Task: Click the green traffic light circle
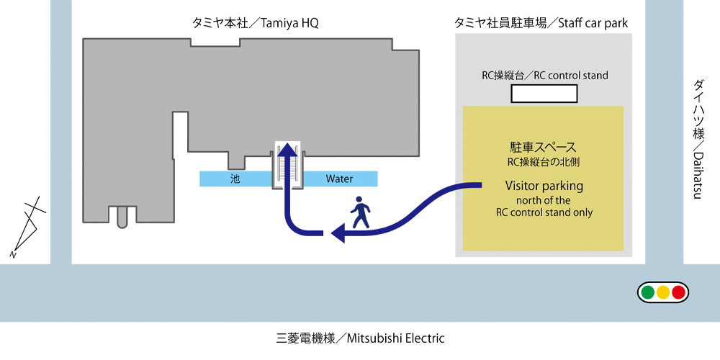(x=648, y=292)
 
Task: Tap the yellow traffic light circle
(x=663, y=292)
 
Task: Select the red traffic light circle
(x=678, y=292)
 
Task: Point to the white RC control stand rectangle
(x=544, y=94)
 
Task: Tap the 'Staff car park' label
(x=541, y=23)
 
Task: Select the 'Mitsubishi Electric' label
(x=360, y=338)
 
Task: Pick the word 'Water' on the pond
(x=339, y=179)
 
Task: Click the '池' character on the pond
(x=235, y=179)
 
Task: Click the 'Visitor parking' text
(x=544, y=186)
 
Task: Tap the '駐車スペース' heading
(x=544, y=148)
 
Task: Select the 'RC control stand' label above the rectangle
(x=544, y=75)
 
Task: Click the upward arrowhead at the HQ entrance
(x=288, y=149)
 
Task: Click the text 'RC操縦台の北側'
(x=544, y=161)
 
